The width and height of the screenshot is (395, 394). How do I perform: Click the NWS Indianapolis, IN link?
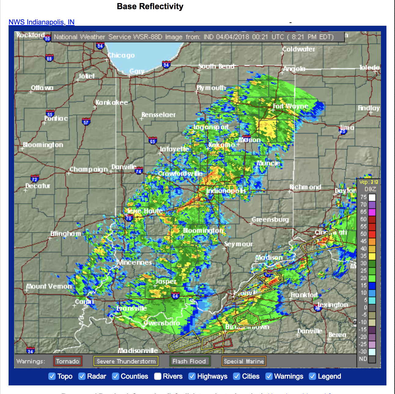tap(41, 22)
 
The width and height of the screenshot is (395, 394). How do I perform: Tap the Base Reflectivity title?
tap(150, 6)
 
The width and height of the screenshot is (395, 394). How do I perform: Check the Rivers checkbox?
tap(158, 376)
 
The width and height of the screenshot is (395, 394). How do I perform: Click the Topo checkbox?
tap(52, 376)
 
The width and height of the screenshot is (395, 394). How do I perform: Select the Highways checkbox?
tap(192, 376)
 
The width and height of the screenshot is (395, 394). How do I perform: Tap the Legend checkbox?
tap(312, 376)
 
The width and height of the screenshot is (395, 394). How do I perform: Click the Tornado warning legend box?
tap(68, 361)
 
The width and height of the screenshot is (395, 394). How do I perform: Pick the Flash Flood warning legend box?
tap(190, 361)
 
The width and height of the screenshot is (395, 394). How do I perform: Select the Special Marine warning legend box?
tap(244, 361)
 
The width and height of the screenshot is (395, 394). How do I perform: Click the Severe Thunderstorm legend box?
tap(126, 361)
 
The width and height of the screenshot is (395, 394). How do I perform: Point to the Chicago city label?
tap(121, 55)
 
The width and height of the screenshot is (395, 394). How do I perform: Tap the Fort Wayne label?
tap(290, 106)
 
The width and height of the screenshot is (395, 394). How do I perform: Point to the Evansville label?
tap(132, 308)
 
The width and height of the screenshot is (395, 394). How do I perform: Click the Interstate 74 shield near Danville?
tap(139, 171)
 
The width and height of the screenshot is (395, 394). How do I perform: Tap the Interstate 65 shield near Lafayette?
tap(153, 141)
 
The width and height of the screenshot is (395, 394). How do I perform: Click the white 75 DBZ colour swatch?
tap(372, 197)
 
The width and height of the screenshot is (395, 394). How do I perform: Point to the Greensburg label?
tap(270, 219)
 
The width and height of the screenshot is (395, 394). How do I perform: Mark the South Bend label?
tap(216, 66)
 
